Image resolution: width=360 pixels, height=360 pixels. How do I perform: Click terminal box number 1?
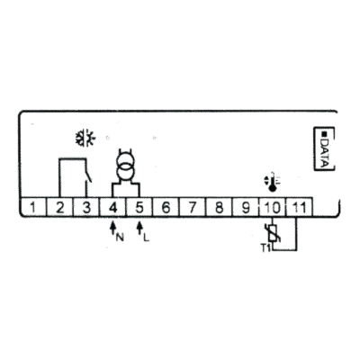33,207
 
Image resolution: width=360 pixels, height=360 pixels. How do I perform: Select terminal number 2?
59,207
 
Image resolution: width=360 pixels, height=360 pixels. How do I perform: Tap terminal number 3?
86,207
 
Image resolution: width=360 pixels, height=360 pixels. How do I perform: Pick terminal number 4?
112,207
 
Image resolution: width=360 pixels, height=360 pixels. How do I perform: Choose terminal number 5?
139,207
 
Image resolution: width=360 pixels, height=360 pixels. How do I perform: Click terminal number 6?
166,207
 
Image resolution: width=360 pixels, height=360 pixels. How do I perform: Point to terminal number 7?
192,207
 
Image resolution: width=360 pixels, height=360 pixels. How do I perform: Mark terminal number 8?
219,207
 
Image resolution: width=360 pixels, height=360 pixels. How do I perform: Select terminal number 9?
245,207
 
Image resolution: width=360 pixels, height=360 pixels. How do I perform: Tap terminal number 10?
272,207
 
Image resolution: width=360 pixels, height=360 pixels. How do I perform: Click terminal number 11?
299,207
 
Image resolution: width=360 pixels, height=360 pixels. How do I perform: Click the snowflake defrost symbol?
85,138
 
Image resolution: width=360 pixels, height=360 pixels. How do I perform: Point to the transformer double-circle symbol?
126,167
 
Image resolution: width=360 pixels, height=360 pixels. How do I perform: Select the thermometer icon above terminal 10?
272,182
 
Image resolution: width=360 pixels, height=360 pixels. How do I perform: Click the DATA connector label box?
324,148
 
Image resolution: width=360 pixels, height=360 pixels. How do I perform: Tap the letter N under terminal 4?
120,238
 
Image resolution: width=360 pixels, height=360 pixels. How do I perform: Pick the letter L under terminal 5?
146,238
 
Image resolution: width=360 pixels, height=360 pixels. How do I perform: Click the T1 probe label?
265,247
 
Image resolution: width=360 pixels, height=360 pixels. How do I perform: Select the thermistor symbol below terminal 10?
273,234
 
